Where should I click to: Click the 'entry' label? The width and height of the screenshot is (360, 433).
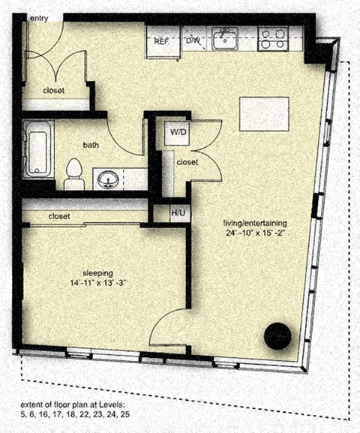point(39,19)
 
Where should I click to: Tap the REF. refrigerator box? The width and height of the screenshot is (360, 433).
point(163,42)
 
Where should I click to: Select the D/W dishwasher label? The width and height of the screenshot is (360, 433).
point(193,41)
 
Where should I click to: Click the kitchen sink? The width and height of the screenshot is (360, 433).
point(225,38)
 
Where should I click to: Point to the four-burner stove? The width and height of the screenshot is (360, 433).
point(273,39)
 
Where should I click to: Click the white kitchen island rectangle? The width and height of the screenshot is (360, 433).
point(264,114)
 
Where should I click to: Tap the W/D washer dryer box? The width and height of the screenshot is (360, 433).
point(177,133)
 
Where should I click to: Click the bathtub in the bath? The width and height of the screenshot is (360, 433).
point(38,149)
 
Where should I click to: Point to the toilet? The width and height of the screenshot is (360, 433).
point(74,174)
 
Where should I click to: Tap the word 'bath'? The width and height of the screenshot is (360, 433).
point(91,145)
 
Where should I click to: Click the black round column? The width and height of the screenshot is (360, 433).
point(277,336)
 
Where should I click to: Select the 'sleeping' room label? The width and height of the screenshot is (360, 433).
point(98,273)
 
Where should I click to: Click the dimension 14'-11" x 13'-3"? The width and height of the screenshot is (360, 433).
point(98,284)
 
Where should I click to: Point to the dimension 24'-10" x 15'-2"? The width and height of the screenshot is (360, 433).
point(255,233)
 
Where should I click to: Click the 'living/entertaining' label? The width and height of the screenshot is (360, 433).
point(255,223)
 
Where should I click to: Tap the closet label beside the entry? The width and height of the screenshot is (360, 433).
point(53,91)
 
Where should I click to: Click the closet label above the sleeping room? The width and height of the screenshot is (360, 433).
point(59,216)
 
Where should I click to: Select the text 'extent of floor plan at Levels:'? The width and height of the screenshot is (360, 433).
point(73,405)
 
